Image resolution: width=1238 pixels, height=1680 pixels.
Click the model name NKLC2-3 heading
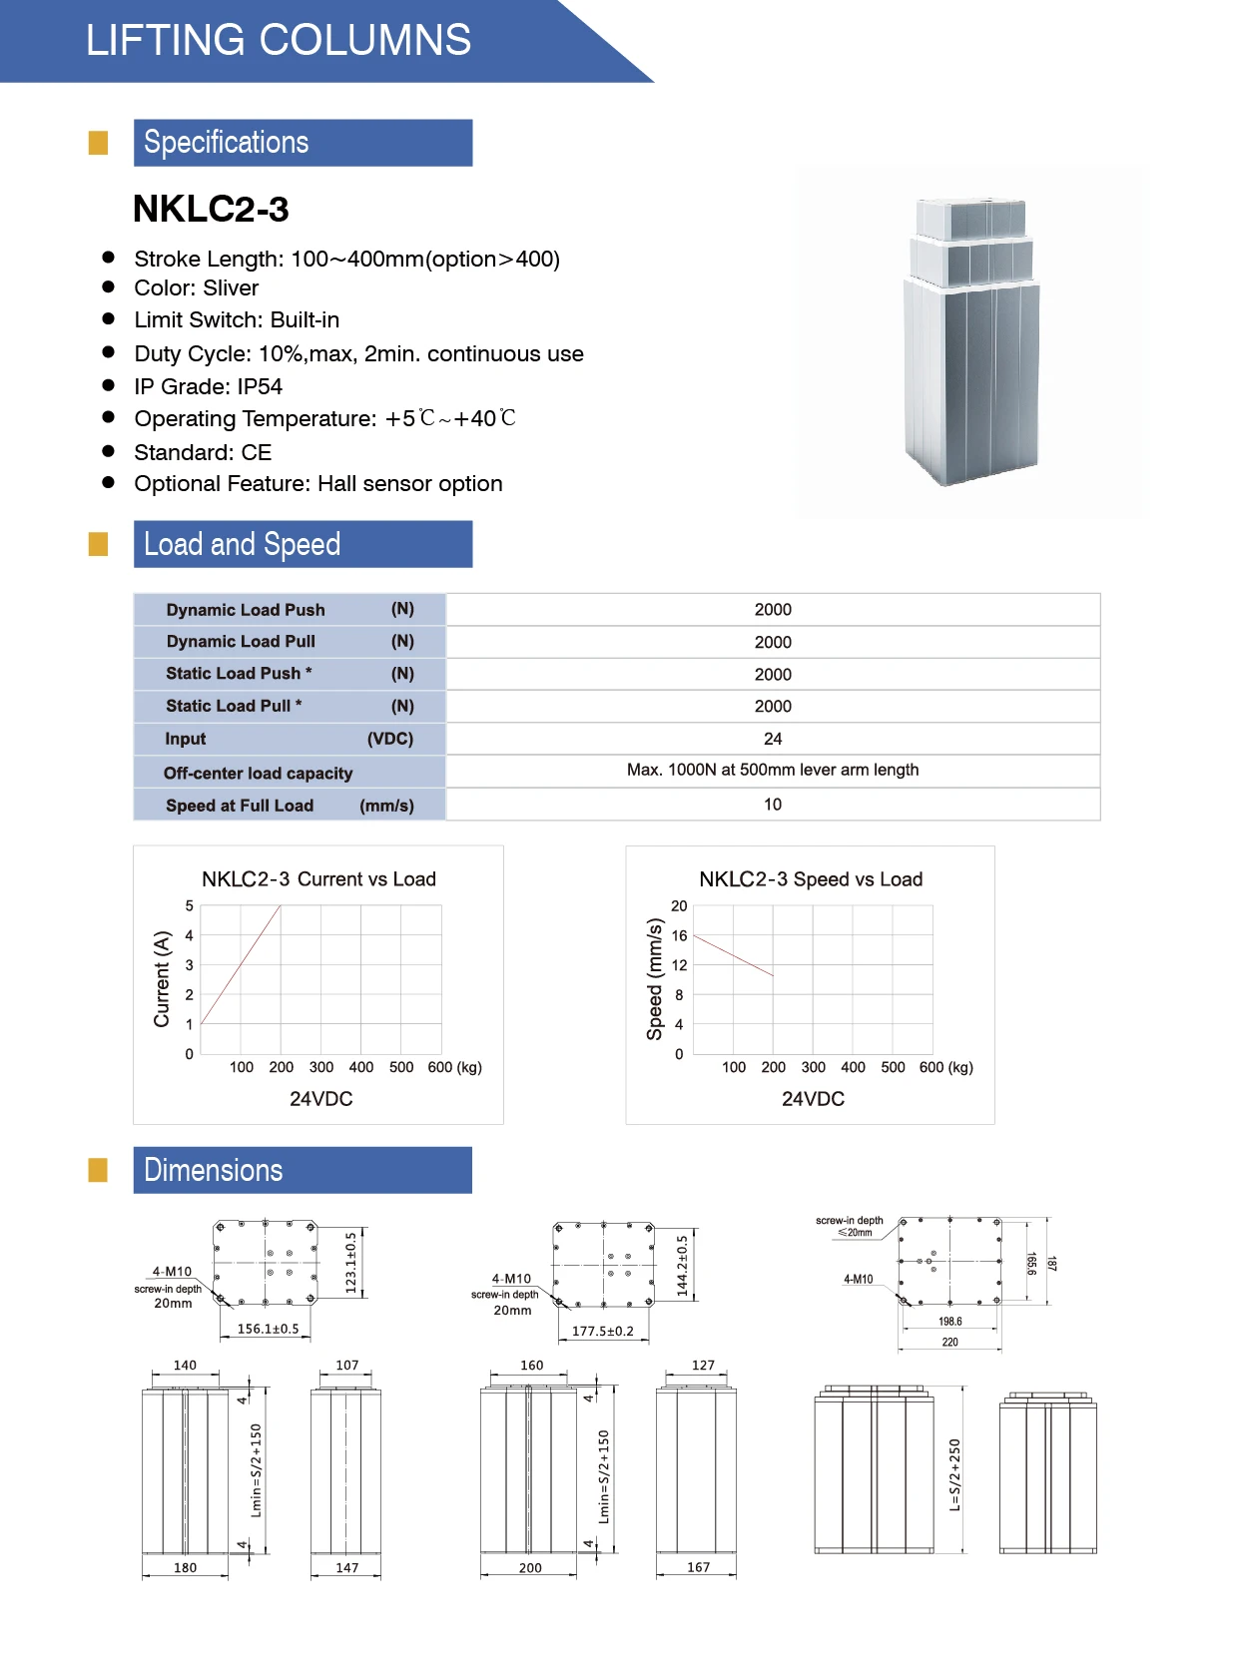[x=211, y=210]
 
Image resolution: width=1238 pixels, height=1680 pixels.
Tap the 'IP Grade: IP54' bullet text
[x=208, y=386]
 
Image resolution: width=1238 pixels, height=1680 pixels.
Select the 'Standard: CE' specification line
[x=203, y=452]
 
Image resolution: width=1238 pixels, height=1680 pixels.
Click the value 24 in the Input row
[x=773, y=739]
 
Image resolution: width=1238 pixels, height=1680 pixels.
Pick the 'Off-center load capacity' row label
[x=258, y=773]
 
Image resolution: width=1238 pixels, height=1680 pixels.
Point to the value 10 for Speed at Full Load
[x=773, y=805]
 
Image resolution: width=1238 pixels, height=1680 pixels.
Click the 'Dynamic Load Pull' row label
[x=241, y=641]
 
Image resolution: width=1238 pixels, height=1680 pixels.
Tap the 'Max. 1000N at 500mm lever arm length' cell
[x=773, y=770]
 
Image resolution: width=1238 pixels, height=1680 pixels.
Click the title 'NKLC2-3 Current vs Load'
[x=318, y=879]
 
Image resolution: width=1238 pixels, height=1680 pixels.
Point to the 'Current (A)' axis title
[x=162, y=978]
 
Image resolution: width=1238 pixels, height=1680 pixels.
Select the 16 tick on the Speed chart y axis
[x=679, y=935]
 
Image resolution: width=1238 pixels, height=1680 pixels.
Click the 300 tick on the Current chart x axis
[x=321, y=1067]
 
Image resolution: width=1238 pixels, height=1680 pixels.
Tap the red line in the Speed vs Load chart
[x=734, y=955]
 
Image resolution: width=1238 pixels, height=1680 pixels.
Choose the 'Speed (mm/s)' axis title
[x=655, y=978]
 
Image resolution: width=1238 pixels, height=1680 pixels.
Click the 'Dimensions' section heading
[x=214, y=1170]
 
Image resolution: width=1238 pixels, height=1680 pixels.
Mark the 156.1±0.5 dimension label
[x=268, y=1329]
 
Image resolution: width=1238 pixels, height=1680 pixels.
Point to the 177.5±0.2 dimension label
[x=602, y=1331]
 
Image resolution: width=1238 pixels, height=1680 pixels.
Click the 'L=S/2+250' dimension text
[x=954, y=1474]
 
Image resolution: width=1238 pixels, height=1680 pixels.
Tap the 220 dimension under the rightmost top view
[x=949, y=1343]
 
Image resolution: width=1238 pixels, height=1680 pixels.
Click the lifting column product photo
[x=972, y=342]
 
